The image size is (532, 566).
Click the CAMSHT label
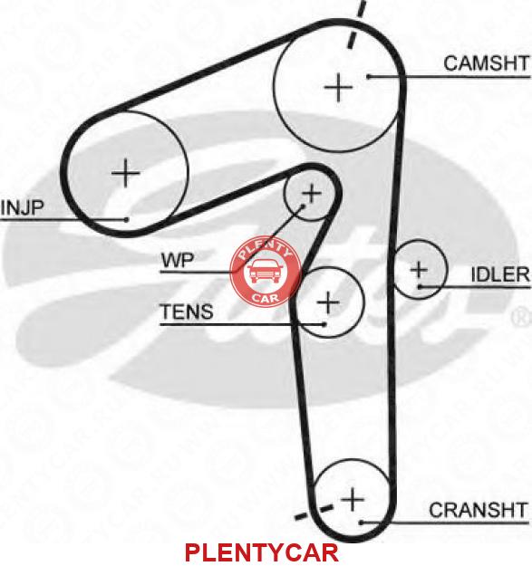(487, 63)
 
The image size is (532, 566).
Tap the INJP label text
(22, 207)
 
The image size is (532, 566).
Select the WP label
(178, 260)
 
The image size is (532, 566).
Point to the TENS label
(187, 312)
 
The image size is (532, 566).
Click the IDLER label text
(500, 274)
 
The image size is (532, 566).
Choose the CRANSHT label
(479, 510)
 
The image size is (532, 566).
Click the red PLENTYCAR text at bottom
(262, 552)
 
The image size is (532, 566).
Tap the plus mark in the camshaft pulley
(338, 87)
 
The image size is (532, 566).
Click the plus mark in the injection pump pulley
(125, 173)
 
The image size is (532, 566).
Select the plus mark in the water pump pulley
(312, 194)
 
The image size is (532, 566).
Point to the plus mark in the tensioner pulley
(327, 302)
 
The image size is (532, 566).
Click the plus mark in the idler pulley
(419, 269)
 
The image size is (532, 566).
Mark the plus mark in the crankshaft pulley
(353, 499)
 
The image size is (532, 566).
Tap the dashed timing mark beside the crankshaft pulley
(314, 513)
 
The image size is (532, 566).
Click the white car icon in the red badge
(265, 271)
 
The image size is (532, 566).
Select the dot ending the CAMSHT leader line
(369, 77)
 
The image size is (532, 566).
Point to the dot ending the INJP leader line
(126, 219)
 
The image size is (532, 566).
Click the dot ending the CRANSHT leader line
(361, 523)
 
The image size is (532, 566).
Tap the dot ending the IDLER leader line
(420, 287)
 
